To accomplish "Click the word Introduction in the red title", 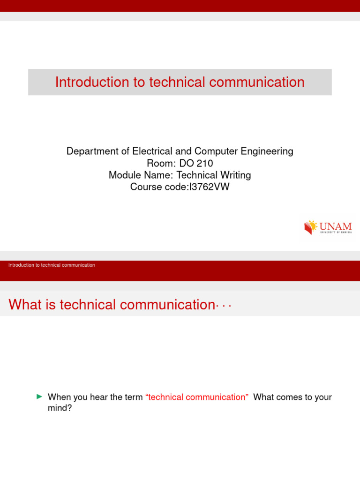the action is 92,82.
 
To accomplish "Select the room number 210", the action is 205,163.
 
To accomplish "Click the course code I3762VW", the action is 210,187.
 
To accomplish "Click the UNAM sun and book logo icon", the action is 310,227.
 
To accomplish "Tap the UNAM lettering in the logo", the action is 336,226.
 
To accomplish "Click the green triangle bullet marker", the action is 39,397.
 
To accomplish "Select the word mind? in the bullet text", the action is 60,408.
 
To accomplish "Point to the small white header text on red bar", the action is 52,265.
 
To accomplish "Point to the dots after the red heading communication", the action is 224,306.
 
